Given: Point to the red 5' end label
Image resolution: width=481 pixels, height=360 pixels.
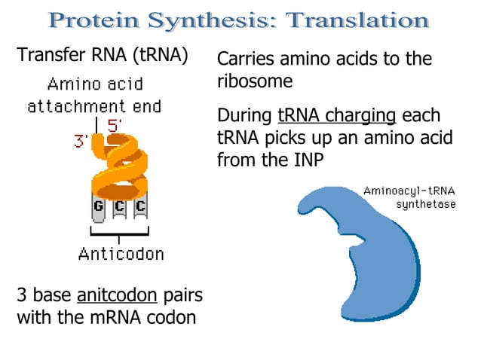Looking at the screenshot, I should coord(115,125).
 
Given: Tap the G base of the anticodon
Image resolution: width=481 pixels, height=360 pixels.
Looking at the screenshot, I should coord(98,206).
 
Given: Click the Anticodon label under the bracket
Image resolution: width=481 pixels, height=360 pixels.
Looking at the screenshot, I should coord(121,254).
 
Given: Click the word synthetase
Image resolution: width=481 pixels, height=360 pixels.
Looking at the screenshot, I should coord(425,204).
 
